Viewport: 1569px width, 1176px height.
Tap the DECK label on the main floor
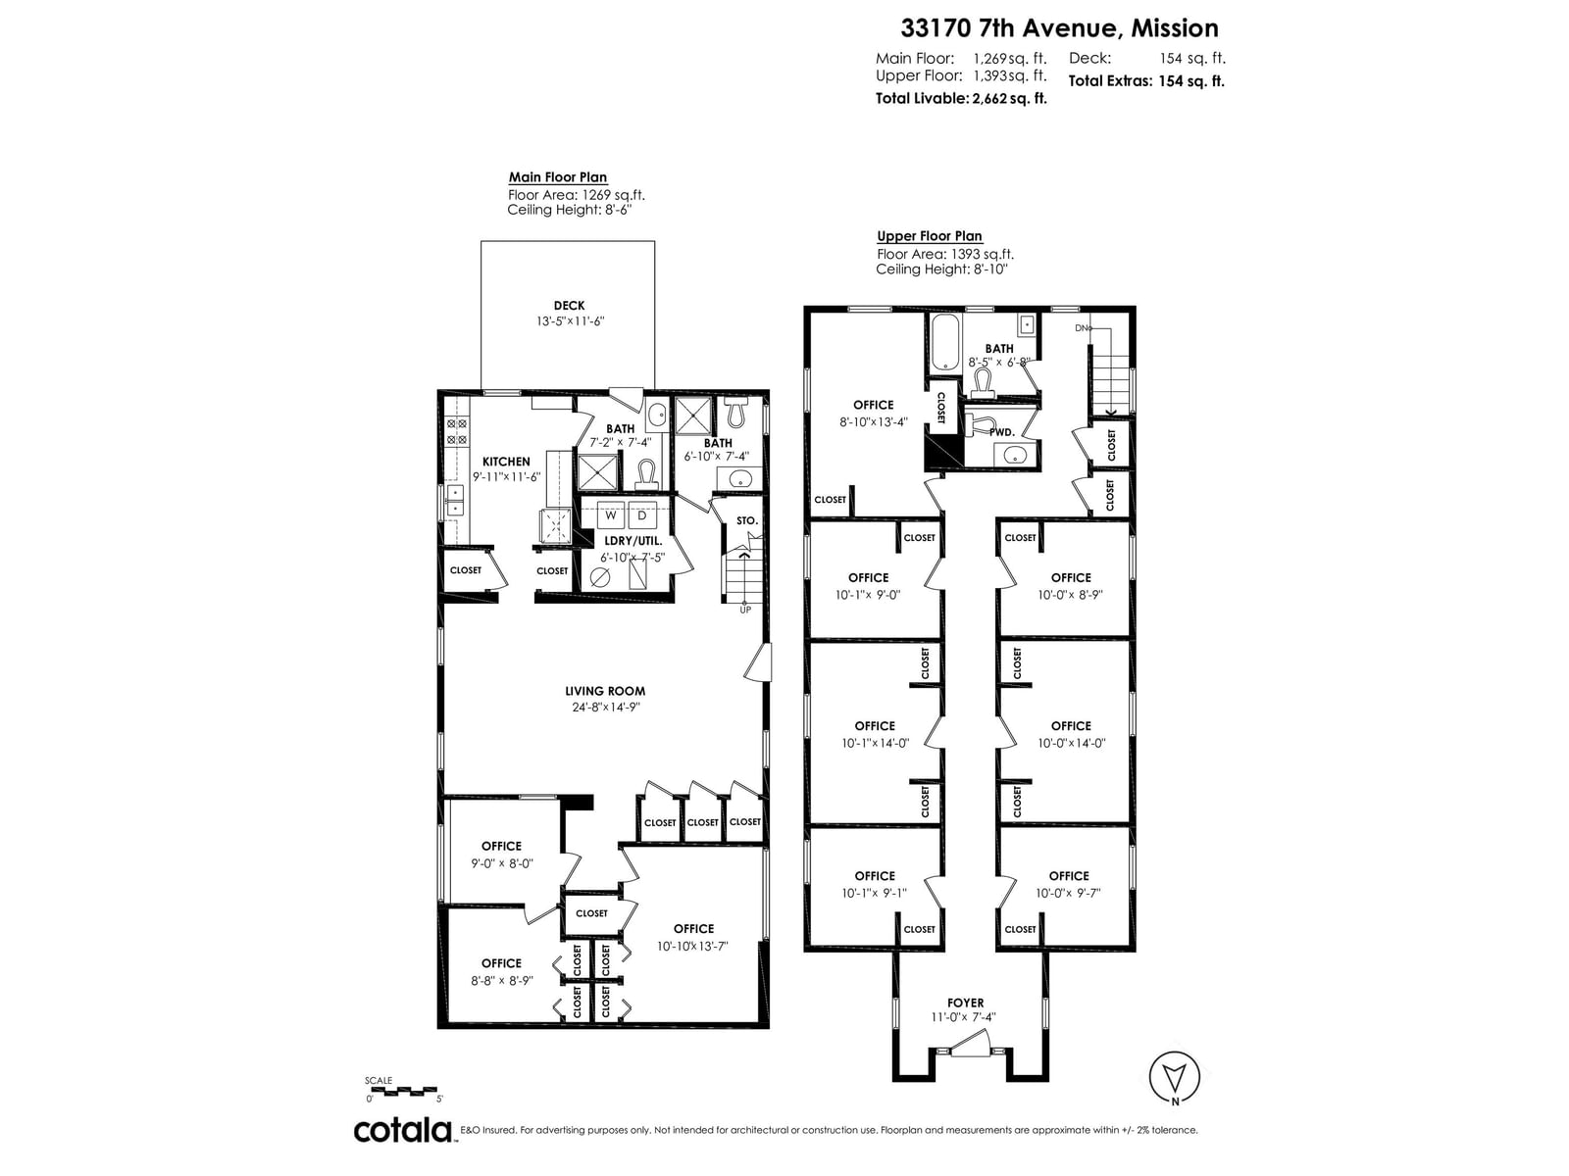click(569, 306)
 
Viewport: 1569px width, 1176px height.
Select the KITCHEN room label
click(506, 462)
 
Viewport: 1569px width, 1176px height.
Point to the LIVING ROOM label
click(605, 691)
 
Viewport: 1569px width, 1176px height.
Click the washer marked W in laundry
click(610, 515)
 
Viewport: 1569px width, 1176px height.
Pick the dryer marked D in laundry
click(642, 515)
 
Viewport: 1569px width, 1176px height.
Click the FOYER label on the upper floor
click(965, 1003)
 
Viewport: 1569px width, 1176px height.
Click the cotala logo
click(402, 1130)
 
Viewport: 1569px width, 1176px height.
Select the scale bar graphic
click(403, 1090)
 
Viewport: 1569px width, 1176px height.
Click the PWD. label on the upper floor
click(1001, 432)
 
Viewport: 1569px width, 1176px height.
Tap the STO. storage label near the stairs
click(747, 520)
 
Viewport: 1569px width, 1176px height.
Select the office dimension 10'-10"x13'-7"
click(693, 946)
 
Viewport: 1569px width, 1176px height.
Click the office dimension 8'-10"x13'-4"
click(874, 422)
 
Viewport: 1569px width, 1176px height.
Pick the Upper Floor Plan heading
click(930, 236)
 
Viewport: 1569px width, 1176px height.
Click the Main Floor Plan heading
click(558, 177)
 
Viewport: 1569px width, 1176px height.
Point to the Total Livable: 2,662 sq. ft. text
click(961, 98)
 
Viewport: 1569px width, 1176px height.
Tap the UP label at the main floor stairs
click(745, 610)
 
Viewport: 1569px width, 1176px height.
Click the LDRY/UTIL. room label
click(633, 541)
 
